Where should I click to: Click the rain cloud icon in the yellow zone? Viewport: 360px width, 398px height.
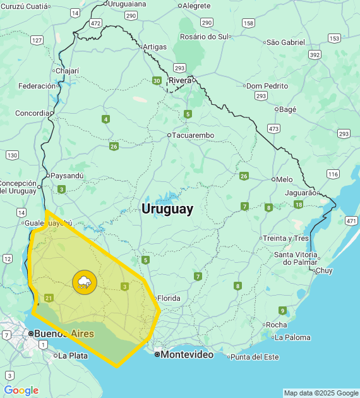click(84, 282)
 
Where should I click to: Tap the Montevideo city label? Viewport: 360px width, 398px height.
click(186, 354)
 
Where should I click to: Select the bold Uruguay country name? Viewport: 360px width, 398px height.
click(167, 208)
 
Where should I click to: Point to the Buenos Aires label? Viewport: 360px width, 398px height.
click(64, 334)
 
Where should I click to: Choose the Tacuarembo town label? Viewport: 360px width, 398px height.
click(193, 135)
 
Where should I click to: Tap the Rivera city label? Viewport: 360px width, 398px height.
click(180, 80)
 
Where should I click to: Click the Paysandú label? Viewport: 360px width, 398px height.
click(67, 175)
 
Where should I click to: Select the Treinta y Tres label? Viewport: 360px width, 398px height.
click(287, 238)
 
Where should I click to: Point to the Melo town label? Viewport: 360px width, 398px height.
click(284, 179)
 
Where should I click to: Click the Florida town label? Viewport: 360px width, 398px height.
click(169, 298)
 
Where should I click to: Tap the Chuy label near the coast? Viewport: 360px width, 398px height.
click(323, 270)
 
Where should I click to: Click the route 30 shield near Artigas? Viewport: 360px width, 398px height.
click(156, 80)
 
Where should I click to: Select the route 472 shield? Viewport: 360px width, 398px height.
click(95, 23)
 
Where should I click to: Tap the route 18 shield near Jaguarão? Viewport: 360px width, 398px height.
click(298, 205)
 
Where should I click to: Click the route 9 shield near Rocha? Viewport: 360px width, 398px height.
click(282, 310)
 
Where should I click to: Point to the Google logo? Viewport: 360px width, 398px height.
click(21, 390)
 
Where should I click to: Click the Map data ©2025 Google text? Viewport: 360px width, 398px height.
click(320, 393)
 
